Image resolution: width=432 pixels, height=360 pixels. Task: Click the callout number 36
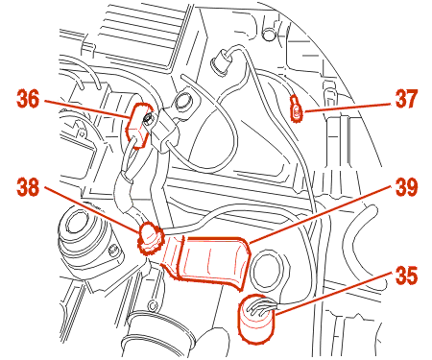point(28,99)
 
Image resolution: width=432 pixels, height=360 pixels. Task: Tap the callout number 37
point(406,99)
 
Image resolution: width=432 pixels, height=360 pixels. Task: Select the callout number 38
point(28,187)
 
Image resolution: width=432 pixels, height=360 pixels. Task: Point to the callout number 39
point(406,187)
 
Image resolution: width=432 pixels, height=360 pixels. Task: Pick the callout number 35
point(406,276)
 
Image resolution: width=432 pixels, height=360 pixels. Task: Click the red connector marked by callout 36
point(137,125)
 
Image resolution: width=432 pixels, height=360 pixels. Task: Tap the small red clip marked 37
point(296,109)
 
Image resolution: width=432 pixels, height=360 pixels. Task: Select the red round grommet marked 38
point(149,237)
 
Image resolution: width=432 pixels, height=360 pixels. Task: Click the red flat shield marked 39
point(211,259)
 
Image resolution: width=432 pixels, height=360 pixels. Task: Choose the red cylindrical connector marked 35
point(257,319)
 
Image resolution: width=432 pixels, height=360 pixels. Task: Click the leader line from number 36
point(87,109)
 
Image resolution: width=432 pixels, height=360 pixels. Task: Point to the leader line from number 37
point(348,108)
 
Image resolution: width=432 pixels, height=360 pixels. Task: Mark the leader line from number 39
point(321,215)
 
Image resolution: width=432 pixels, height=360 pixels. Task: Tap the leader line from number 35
point(333,294)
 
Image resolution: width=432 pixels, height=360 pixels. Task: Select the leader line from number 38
point(92,208)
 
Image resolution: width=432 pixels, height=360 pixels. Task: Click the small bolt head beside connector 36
point(148,119)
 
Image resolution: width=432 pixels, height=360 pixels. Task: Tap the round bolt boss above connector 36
point(183,100)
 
